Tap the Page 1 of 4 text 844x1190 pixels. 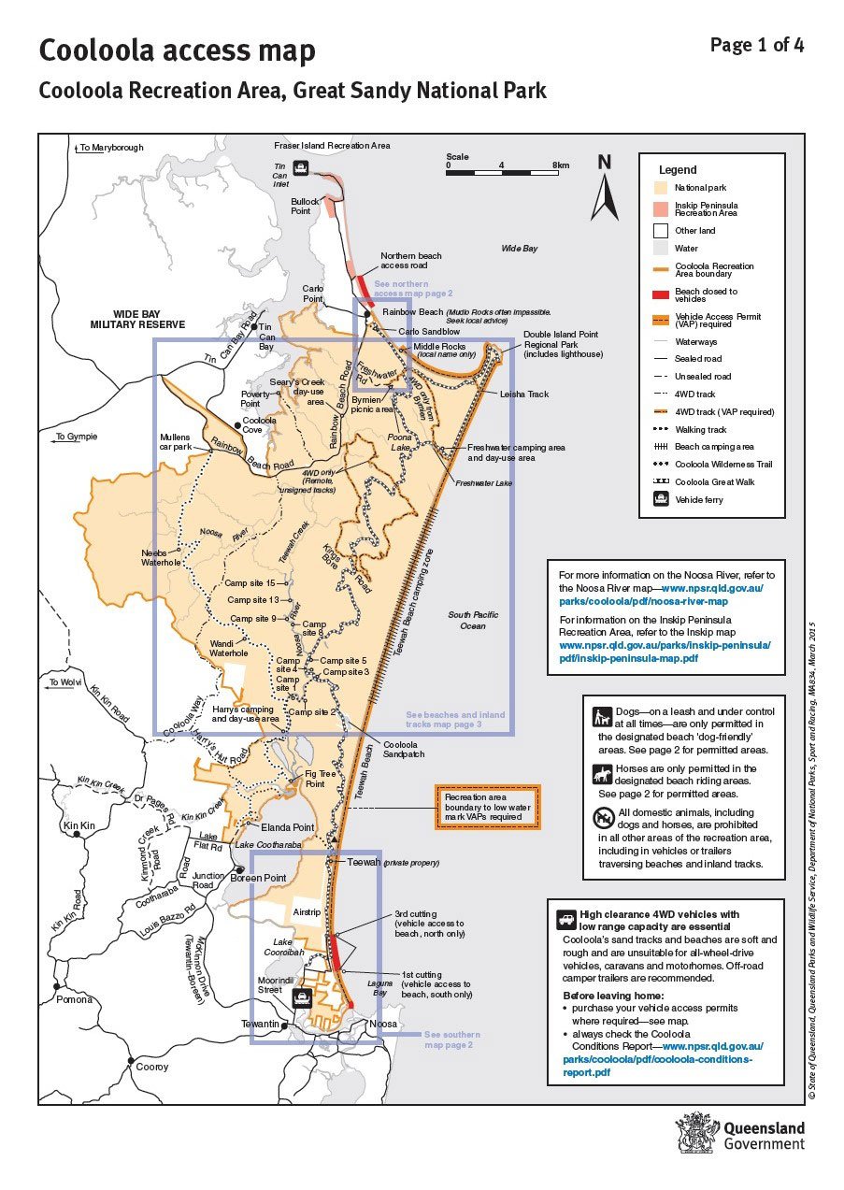pos(756,45)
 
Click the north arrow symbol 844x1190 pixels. pos(605,188)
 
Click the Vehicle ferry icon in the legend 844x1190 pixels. pos(661,500)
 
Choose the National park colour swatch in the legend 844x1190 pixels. pos(660,188)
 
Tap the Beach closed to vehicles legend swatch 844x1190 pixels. pos(660,292)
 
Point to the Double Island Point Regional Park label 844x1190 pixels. pos(563,344)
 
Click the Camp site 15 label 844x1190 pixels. pos(250,583)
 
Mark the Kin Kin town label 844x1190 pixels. pos(79,826)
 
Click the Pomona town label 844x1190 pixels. pos(75,999)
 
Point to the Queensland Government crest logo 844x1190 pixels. pos(697,1134)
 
